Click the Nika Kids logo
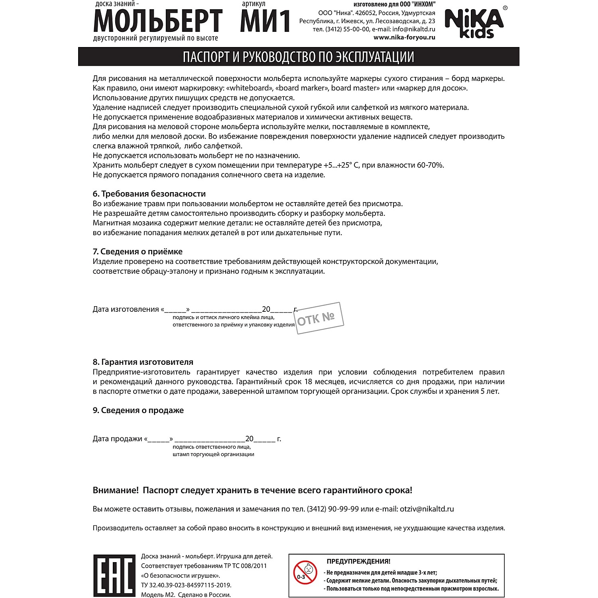pyautogui.click(x=474, y=24)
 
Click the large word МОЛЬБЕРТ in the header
pyautogui.click(x=158, y=21)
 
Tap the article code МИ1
pyautogui.click(x=265, y=21)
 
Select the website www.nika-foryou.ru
pyautogui.click(x=404, y=37)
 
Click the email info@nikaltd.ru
pyautogui.click(x=414, y=29)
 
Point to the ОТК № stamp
pyautogui.click(x=319, y=318)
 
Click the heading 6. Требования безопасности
pyautogui.click(x=149, y=194)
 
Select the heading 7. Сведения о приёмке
pyautogui.click(x=138, y=252)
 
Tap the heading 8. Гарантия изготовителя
pyautogui.click(x=143, y=362)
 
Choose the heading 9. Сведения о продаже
pyautogui.click(x=138, y=410)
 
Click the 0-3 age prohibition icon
pyautogui.click(x=305, y=572)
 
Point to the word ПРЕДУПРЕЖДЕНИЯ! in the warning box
pyautogui.click(x=358, y=561)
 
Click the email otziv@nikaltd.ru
pyautogui.click(x=427, y=509)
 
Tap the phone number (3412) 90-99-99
pyautogui.click(x=332, y=509)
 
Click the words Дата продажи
pyautogui.click(x=117, y=439)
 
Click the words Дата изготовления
pyautogui.click(x=126, y=309)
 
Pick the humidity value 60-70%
pyautogui.click(x=430, y=165)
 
